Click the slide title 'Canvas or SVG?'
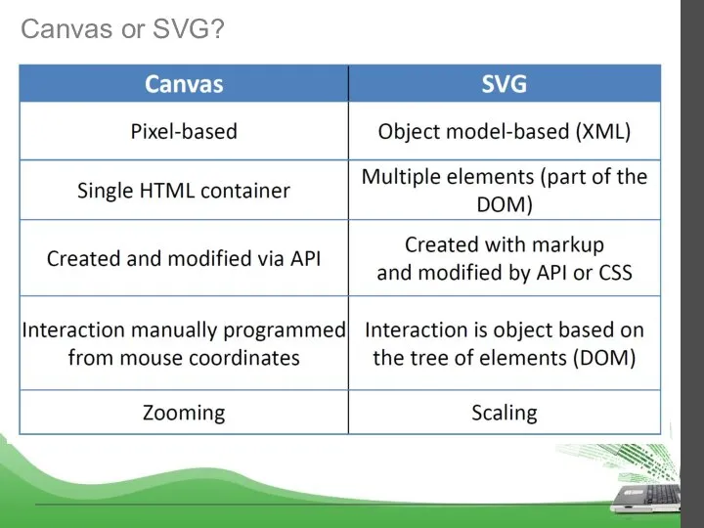coord(123,30)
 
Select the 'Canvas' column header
coord(184,84)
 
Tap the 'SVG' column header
coord(504,84)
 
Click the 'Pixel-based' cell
coord(184,131)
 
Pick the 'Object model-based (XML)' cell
coord(504,131)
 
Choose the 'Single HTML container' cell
coord(184,191)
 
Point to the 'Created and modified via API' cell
coord(184,259)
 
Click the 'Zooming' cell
coord(184,413)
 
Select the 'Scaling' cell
coord(504,413)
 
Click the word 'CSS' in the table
coord(611,273)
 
